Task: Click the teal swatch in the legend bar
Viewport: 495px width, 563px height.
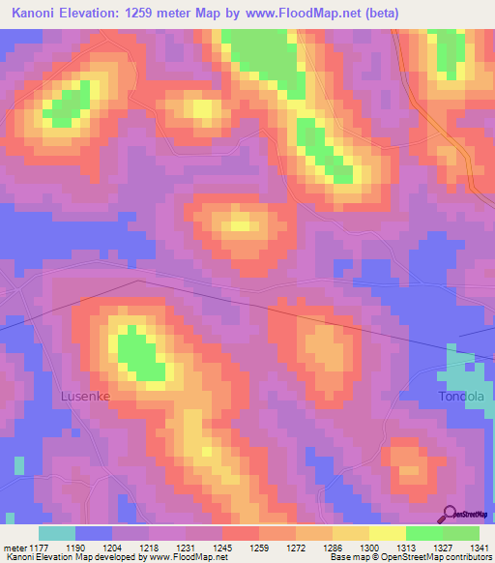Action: point(56,533)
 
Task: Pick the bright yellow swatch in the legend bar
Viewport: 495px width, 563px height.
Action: point(387,533)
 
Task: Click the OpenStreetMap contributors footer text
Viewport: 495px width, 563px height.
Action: point(440,558)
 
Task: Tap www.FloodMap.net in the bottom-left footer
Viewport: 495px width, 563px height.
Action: point(179,558)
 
